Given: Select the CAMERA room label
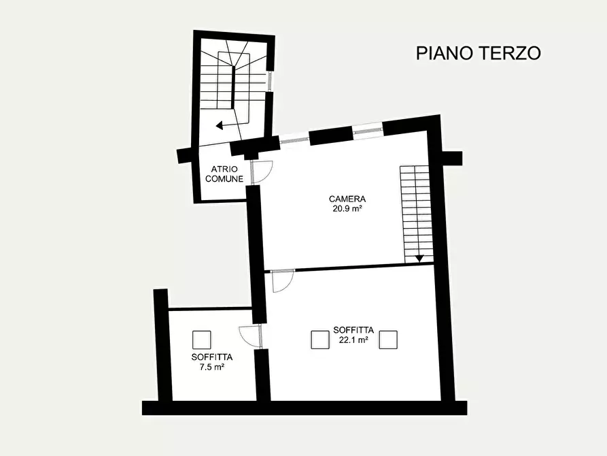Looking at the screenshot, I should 347,199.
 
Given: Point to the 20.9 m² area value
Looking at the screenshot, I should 347,209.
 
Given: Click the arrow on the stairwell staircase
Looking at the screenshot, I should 220,125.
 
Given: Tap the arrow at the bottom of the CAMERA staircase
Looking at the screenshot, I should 419,258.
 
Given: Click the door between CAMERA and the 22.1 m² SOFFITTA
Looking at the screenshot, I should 281,280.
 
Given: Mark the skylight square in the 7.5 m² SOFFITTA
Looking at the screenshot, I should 201,340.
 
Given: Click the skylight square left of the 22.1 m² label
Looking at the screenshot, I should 319,339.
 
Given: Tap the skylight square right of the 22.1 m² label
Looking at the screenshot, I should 388,339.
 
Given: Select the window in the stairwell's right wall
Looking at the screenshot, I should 270,80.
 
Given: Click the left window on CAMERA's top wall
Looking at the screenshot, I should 294,139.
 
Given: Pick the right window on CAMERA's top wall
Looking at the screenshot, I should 367,131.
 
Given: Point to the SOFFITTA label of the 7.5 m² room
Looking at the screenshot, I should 212,357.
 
